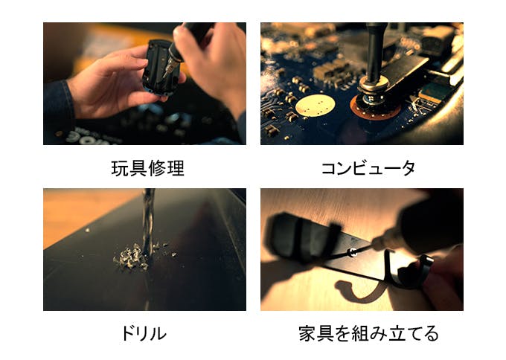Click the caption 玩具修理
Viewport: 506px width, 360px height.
pos(148,168)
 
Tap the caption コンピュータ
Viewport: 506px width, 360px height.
pos(368,168)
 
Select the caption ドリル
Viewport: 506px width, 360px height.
pos(144,333)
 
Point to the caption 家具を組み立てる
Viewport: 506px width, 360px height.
pos(368,333)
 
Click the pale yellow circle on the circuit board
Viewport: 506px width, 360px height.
pos(315,106)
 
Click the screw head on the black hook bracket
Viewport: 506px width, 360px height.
pos(353,252)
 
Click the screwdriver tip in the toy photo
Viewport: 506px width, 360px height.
pos(164,74)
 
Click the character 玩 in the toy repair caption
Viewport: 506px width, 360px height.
pos(120,168)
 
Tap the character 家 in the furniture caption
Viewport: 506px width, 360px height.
pos(307,333)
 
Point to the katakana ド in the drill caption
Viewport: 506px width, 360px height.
pos(127,333)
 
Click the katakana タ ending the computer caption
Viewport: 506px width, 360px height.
pos(407,168)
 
